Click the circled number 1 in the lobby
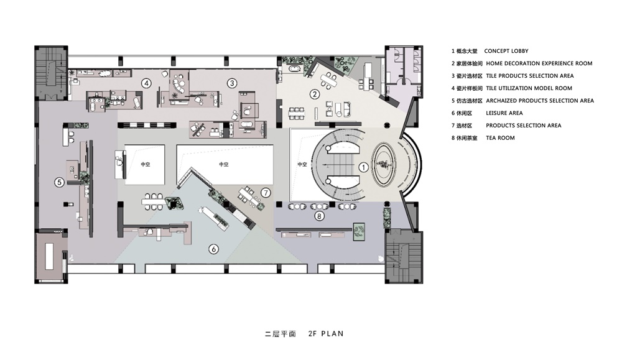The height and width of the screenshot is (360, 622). (x=364, y=167)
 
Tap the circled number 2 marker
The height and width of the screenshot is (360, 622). (x=315, y=95)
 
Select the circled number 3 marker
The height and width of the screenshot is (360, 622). (x=231, y=83)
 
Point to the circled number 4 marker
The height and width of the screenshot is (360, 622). (x=146, y=83)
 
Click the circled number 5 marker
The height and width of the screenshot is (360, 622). (x=59, y=182)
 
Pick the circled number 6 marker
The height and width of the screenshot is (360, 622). (x=213, y=249)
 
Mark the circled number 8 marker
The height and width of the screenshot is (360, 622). (x=319, y=216)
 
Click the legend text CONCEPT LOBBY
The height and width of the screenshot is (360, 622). (x=506, y=51)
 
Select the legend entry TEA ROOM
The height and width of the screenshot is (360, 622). (x=500, y=138)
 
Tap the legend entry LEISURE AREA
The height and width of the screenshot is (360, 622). (x=504, y=113)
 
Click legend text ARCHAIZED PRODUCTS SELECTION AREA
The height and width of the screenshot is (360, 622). (x=539, y=101)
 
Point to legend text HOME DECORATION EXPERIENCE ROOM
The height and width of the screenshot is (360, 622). (x=539, y=63)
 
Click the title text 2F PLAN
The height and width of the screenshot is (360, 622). (x=325, y=334)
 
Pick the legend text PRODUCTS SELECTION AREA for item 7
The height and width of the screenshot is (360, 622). (x=523, y=126)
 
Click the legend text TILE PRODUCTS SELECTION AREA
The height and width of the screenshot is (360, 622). (x=526, y=76)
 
